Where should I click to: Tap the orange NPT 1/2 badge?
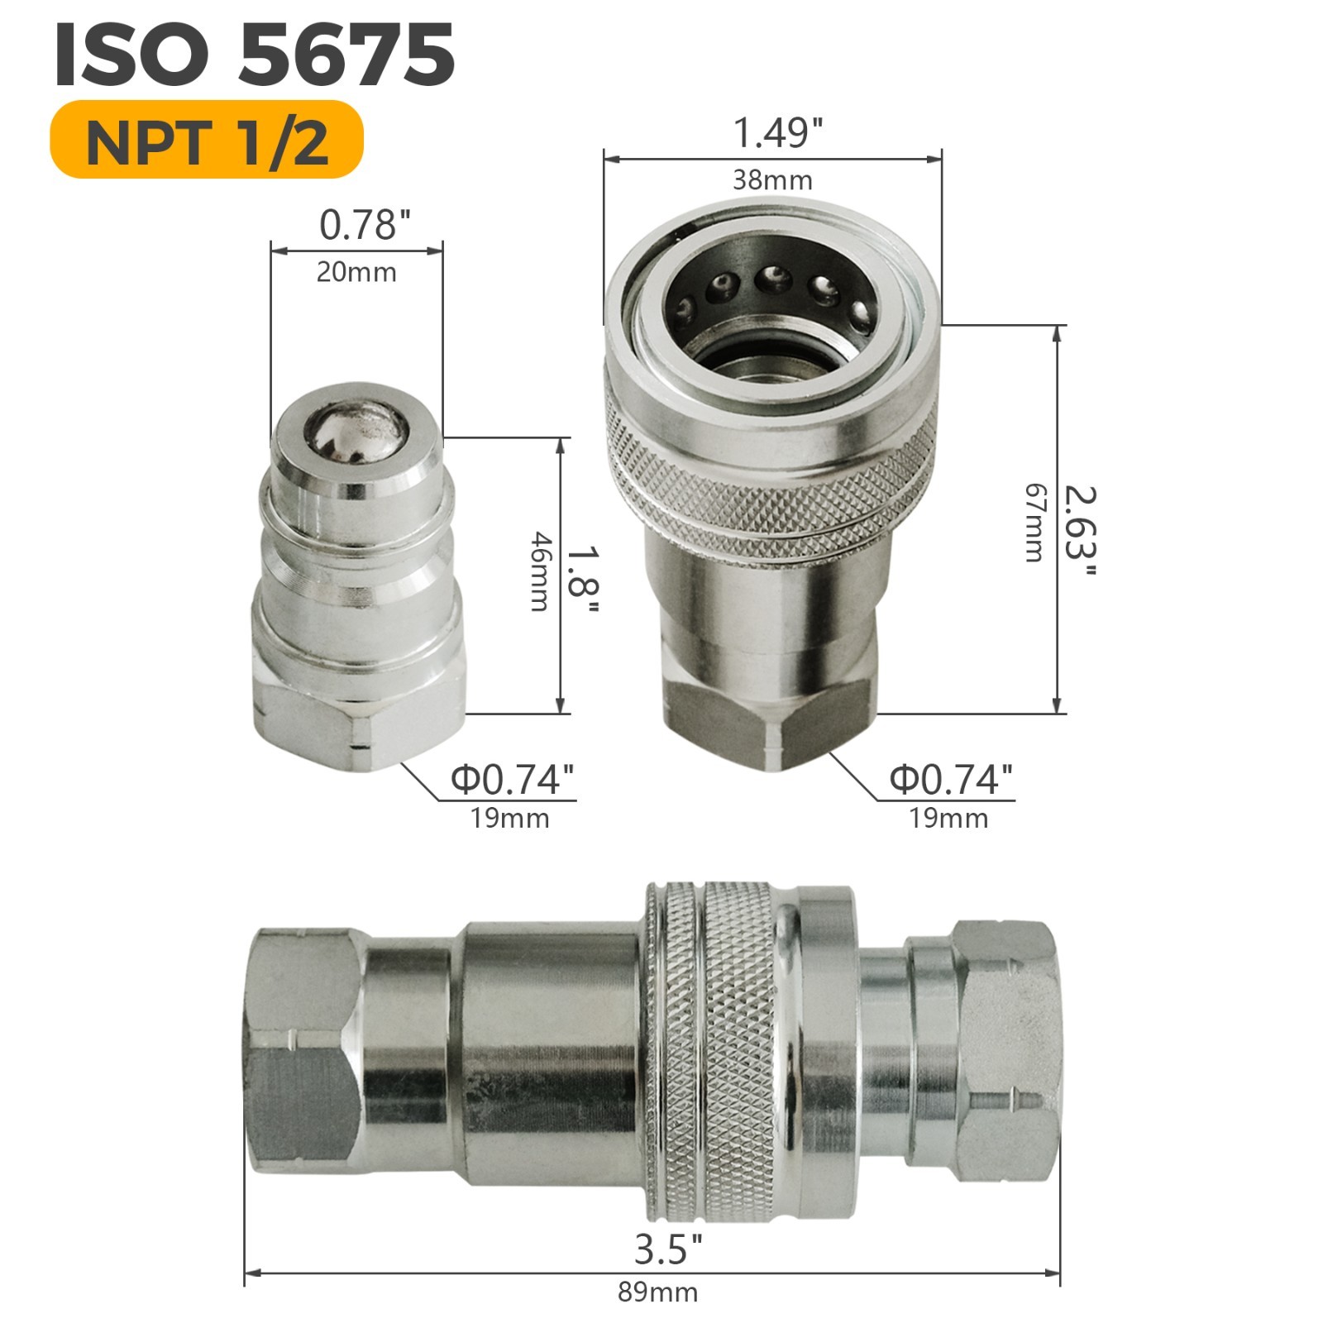pos(207,140)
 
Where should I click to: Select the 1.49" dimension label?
pos(778,132)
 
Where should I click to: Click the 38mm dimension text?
pos(772,179)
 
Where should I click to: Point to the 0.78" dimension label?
pos(365,225)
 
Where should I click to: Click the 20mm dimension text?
pos(356,272)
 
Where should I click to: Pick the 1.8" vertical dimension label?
pos(581,579)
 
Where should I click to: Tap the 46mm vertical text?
pos(539,571)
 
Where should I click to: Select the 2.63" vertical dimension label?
pos(1078,533)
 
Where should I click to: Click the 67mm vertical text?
pos(1034,523)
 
